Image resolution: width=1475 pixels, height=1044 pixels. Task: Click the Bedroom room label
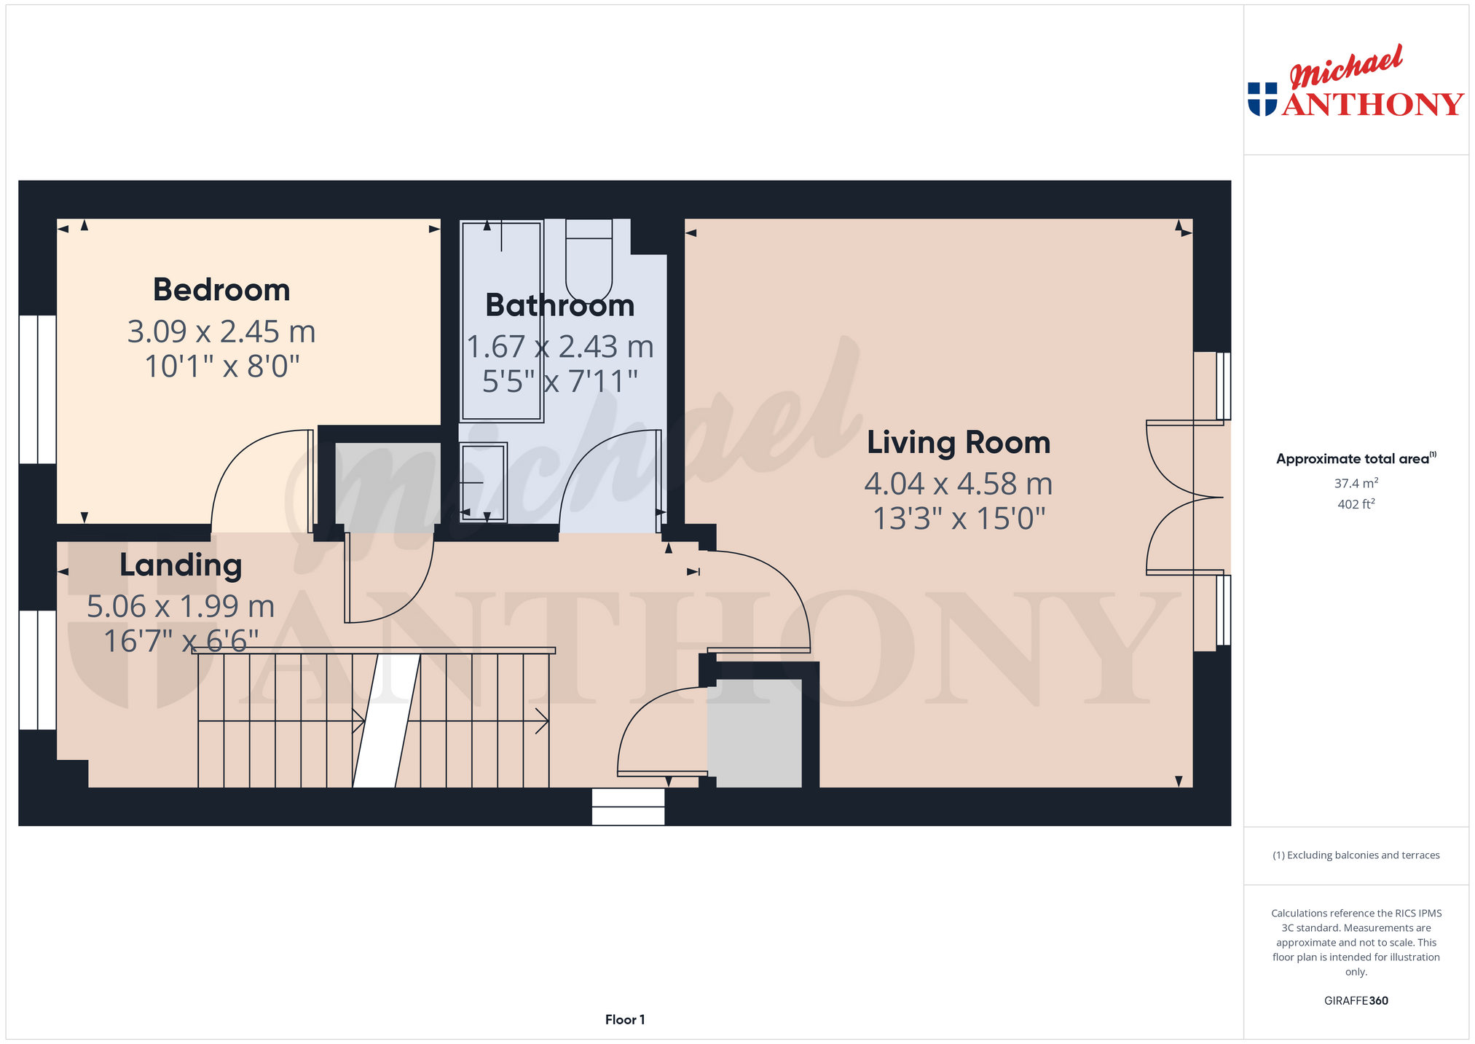[221, 290]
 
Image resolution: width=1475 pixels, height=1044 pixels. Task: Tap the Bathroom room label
[559, 305]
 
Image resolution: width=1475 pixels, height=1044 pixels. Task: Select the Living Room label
[959, 443]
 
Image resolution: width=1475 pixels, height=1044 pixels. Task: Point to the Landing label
[181, 566]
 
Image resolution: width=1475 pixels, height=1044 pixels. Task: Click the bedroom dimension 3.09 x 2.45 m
[221, 331]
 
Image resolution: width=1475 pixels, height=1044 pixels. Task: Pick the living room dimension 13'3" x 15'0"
[959, 519]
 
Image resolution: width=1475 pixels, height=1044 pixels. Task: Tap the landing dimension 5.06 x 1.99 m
[181, 606]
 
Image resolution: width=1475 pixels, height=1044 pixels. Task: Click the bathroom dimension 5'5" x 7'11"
[559, 381]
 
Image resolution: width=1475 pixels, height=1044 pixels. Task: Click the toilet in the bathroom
[589, 258]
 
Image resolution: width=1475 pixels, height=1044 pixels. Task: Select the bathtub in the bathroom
[502, 321]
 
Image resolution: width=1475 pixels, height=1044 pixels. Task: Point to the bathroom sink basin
[483, 482]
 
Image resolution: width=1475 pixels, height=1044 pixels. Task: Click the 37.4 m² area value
[1356, 482]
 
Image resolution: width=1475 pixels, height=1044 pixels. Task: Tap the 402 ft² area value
[1356, 503]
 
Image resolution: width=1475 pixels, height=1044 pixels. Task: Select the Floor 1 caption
[625, 1020]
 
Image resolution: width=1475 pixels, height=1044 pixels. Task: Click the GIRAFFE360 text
[1356, 1000]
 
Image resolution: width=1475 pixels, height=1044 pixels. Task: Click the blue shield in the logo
[1262, 99]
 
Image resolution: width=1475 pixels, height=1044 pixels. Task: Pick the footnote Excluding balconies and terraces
[1356, 855]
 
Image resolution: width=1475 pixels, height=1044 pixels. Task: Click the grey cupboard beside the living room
[755, 733]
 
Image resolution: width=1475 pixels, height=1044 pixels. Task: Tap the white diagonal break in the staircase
[387, 721]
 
